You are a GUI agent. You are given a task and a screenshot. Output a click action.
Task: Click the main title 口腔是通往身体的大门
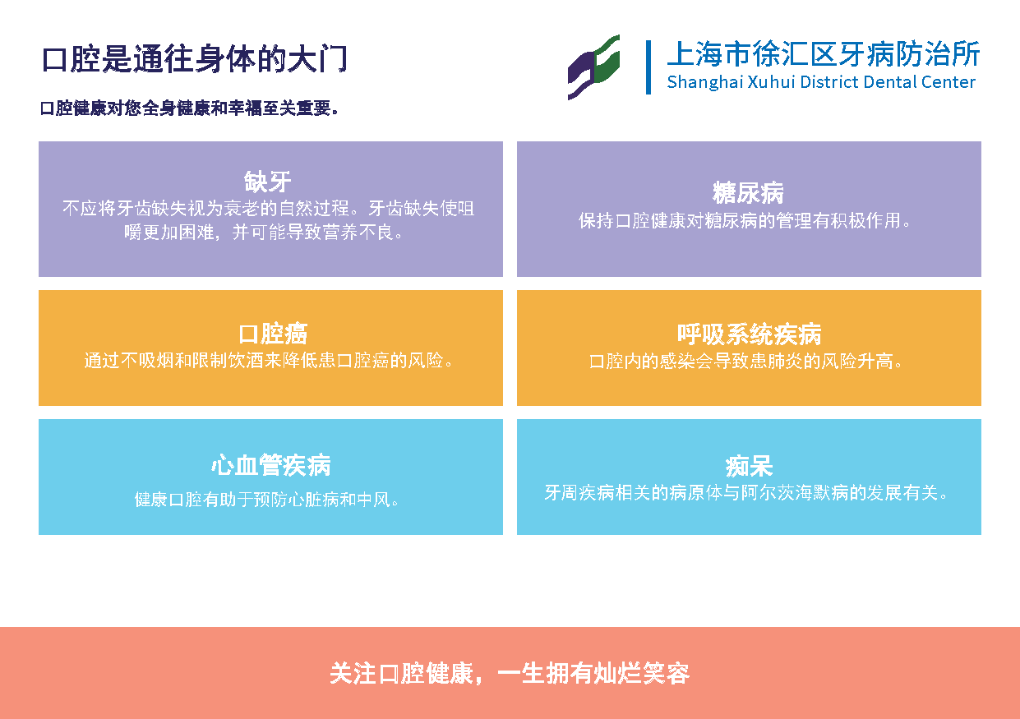coord(195,58)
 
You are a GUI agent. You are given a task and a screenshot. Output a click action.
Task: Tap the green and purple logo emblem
coord(593,67)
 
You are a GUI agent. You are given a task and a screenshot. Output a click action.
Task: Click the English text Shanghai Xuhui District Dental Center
coord(821,82)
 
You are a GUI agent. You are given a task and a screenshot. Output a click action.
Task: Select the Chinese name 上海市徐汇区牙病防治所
coord(824,53)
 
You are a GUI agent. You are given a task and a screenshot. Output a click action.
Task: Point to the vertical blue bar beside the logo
coord(648,67)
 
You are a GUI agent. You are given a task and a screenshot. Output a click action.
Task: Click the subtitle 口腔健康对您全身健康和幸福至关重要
coord(189,108)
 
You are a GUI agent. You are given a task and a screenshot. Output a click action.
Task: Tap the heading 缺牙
coord(267,182)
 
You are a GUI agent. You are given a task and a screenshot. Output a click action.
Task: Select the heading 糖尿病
coord(748,192)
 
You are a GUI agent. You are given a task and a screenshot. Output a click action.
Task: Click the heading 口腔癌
coord(273,334)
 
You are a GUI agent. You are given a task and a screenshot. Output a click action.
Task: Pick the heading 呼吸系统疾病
coord(749,334)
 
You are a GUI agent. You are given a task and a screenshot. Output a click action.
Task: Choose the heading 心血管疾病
coord(271,465)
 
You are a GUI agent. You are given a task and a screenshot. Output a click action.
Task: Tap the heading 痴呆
coord(749,466)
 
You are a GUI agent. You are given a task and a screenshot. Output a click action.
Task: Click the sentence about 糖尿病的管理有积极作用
coord(745,221)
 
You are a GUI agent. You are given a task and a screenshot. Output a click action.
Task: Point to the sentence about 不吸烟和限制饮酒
coord(269,361)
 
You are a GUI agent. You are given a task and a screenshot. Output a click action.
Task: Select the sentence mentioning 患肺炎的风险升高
coord(746,362)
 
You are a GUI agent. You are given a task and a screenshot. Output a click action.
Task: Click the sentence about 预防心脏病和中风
coord(267,500)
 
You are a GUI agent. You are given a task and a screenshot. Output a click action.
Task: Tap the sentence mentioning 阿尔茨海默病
coord(746,493)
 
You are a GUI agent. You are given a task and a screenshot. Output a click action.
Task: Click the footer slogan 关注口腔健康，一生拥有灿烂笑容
coord(510,674)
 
